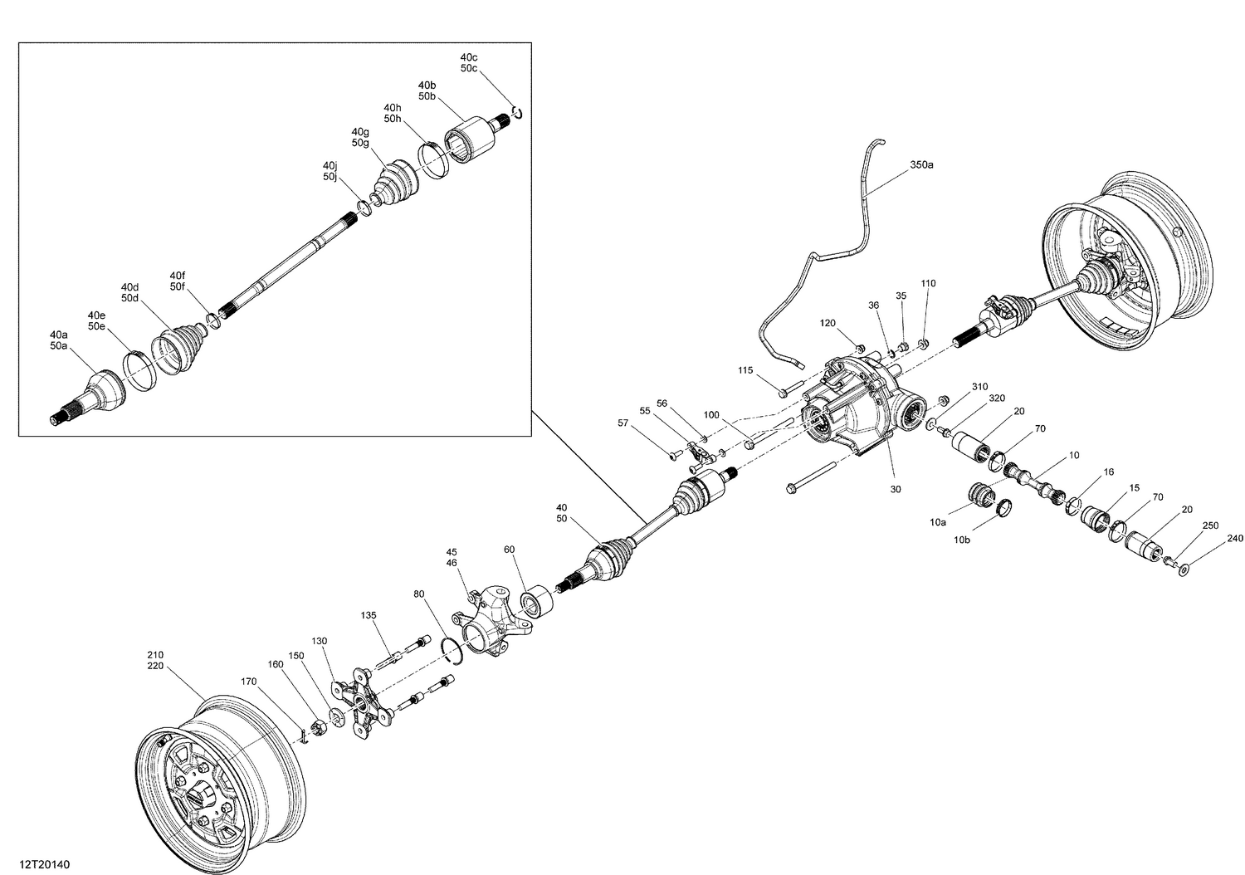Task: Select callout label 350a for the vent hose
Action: coord(921,165)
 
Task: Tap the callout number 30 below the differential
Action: coord(896,489)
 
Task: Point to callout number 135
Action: coord(369,615)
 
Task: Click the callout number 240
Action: coord(1235,538)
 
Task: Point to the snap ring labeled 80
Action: coord(452,652)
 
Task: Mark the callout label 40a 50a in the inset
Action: coord(58,340)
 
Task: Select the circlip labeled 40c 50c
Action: coord(516,112)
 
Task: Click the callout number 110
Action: coord(928,283)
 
